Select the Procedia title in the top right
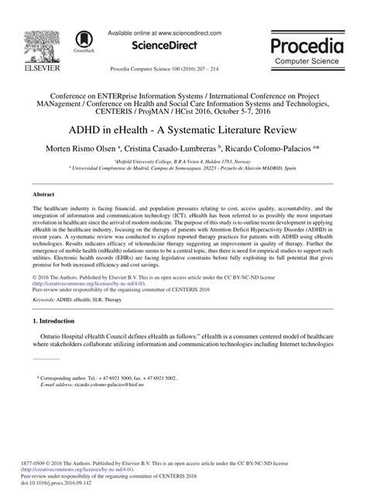point(312,43)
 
